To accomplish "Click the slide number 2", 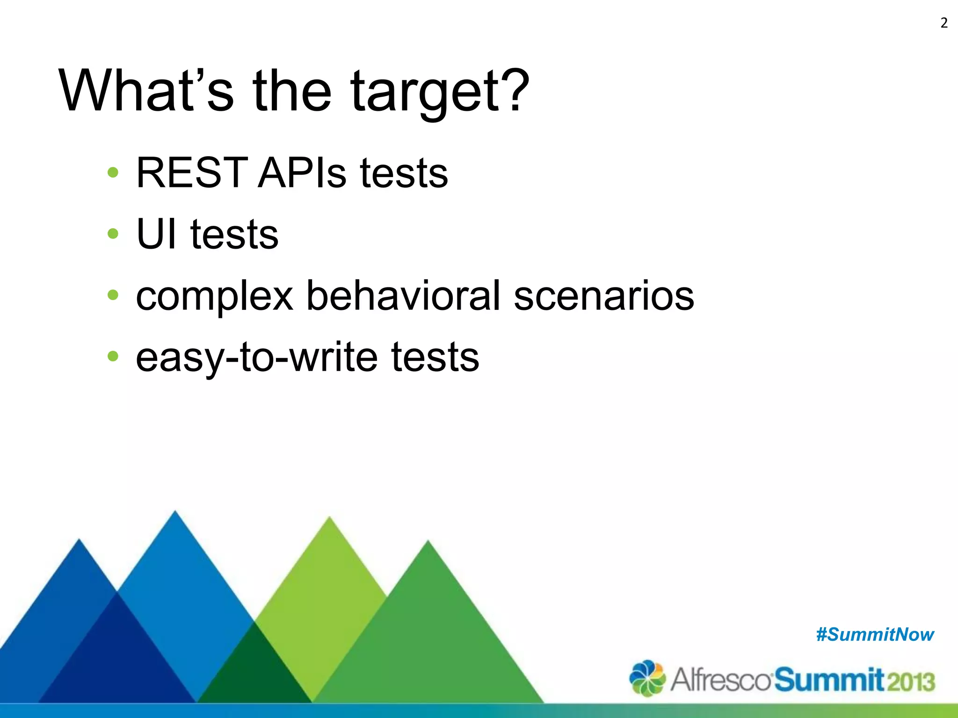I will [943, 23].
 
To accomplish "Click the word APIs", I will [302, 173].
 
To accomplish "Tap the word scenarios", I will [603, 296].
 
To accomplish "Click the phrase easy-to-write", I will [256, 357].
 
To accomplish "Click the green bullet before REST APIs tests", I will [113, 172].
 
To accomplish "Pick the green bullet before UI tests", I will [113, 233].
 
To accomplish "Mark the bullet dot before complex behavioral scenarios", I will [113, 295].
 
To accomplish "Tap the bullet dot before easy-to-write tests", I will [113, 356].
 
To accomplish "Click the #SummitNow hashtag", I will [875, 635].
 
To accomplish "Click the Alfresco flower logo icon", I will [647, 678].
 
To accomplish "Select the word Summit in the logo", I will [829, 680].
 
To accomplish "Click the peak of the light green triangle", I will [330, 518].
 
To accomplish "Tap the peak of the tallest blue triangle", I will [175, 512].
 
